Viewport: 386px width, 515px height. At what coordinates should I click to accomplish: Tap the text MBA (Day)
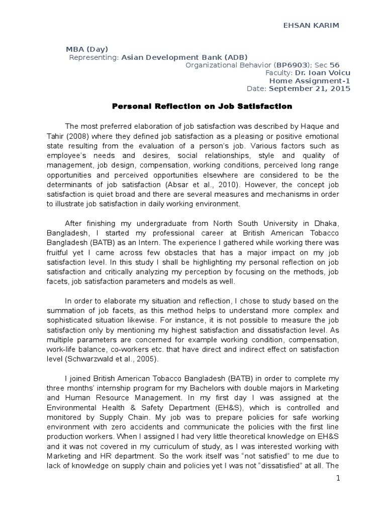pos(86,49)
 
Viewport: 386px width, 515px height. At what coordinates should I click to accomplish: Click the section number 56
pos(334,65)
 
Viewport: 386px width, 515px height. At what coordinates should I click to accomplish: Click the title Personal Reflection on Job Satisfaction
pos(201,107)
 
